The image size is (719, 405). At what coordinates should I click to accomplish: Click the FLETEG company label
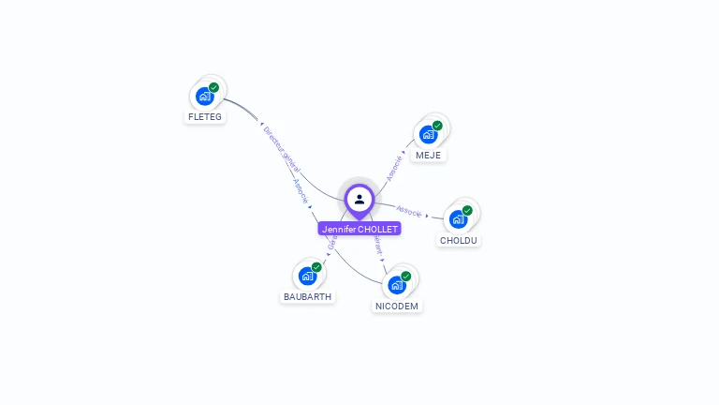coord(205,117)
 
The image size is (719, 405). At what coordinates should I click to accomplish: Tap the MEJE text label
coord(428,155)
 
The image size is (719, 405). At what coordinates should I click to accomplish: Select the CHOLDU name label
coord(459,240)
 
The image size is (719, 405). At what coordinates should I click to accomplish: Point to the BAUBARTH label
coord(307,296)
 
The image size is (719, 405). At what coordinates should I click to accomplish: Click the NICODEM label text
coord(397,306)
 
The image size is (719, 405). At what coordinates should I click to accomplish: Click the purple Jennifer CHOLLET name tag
coord(359,229)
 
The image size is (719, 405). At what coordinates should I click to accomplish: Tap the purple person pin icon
coord(359,199)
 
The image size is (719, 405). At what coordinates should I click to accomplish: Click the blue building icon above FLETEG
coord(204,96)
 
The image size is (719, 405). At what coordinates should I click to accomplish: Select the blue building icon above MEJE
coord(428,134)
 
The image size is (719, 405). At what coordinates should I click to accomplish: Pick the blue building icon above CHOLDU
coord(458,219)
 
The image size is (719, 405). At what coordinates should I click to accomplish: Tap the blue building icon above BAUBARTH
coord(306,276)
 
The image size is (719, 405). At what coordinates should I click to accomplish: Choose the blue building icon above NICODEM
coord(396,285)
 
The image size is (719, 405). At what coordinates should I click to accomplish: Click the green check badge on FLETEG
coord(214,87)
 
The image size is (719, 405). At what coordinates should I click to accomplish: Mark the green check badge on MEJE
coord(437,126)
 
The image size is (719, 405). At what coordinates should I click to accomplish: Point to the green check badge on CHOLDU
coord(467,211)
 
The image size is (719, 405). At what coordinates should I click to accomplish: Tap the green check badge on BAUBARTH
coord(316,267)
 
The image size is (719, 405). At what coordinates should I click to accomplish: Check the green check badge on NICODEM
coord(406,277)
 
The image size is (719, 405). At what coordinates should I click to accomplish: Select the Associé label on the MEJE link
coord(395,168)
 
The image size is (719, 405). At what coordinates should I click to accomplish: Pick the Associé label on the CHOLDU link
coord(409,210)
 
